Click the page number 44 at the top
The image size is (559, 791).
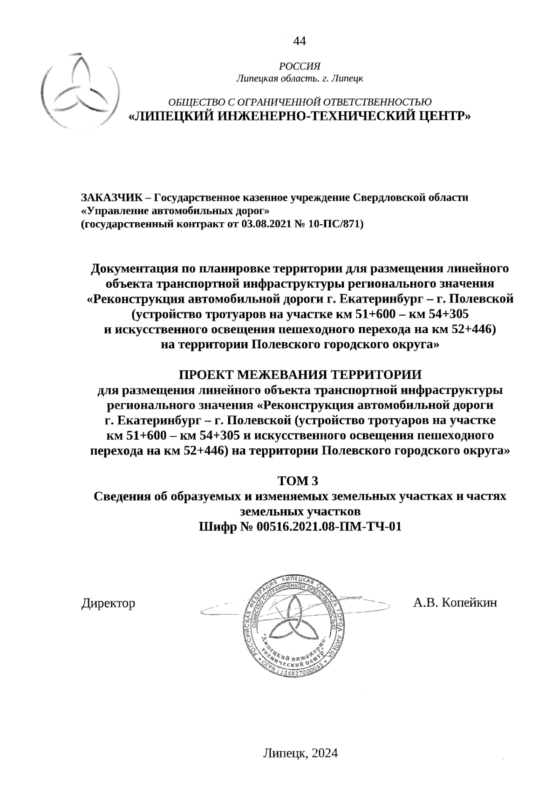pos(299,42)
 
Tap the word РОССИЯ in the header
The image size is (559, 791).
pos(300,67)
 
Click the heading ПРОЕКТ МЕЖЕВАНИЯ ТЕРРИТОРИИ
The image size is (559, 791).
pos(300,374)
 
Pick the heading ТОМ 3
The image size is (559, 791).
pos(300,480)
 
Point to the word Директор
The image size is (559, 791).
pos(108,603)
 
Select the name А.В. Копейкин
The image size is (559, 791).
pos(455,603)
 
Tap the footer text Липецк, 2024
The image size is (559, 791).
pos(300,753)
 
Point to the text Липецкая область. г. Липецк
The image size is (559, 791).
pos(300,79)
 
